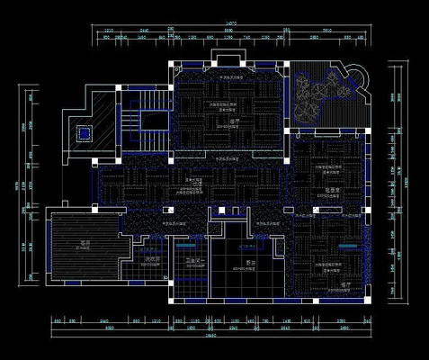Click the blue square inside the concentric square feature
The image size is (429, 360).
(x=84, y=133)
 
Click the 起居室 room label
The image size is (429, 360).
(x=331, y=189)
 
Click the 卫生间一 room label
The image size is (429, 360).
(x=195, y=262)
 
